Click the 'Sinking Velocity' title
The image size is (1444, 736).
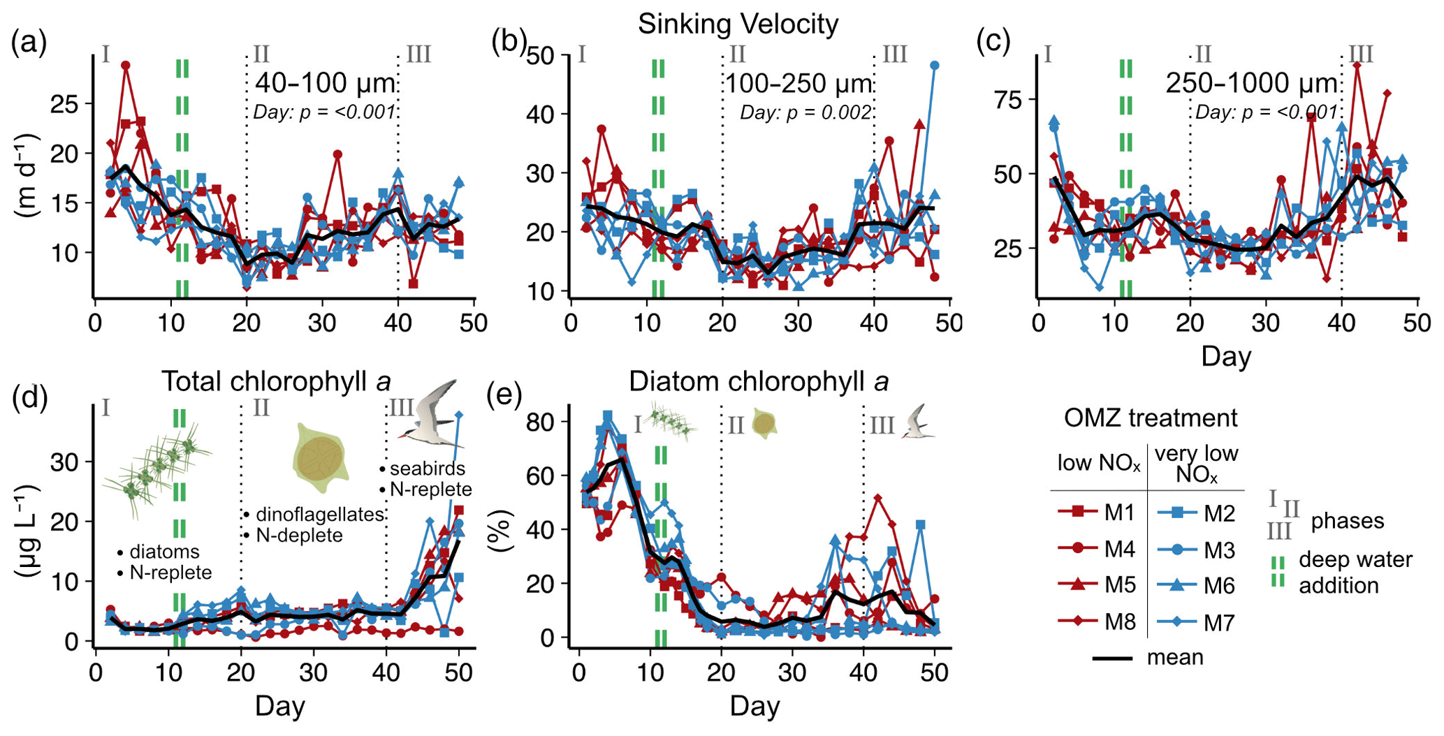(738, 24)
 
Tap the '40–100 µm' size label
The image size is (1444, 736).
(325, 84)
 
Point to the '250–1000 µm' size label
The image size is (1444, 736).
(1250, 84)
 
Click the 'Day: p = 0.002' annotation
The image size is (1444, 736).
(805, 112)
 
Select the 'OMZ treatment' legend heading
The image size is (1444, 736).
(1151, 418)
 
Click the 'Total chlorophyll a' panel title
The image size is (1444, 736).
(276, 382)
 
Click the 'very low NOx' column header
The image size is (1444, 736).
(1196, 464)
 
